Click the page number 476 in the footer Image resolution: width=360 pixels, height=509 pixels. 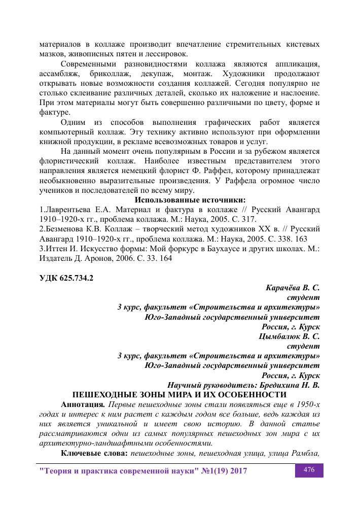click(x=309, y=470)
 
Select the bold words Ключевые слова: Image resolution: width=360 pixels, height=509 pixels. click(x=93, y=453)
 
